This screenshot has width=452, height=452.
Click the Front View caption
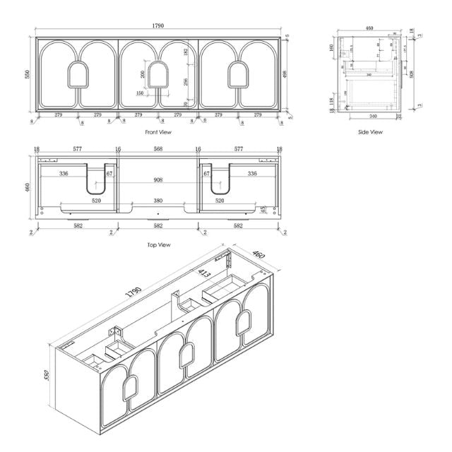point(157,131)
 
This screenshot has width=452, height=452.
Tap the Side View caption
point(370,132)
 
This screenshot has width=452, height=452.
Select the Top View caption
point(159,244)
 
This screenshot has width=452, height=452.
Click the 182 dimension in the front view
point(186,52)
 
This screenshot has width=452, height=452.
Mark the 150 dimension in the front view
point(140,93)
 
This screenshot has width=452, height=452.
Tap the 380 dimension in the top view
point(158,200)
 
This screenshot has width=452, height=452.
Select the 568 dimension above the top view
point(158,150)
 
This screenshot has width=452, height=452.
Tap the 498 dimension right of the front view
point(285,73)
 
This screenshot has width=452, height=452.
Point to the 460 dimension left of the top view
point(29,189)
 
